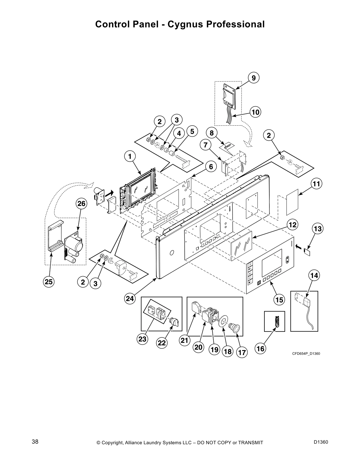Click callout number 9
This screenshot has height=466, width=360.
(254, 78)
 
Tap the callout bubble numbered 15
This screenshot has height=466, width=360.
(279, 300)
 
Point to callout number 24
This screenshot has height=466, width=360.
(130, 299)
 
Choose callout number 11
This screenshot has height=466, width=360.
(316, 184)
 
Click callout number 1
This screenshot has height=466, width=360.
(130, 156)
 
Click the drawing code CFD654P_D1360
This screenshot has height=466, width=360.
(306, 353)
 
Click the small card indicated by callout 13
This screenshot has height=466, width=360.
(307, 252)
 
